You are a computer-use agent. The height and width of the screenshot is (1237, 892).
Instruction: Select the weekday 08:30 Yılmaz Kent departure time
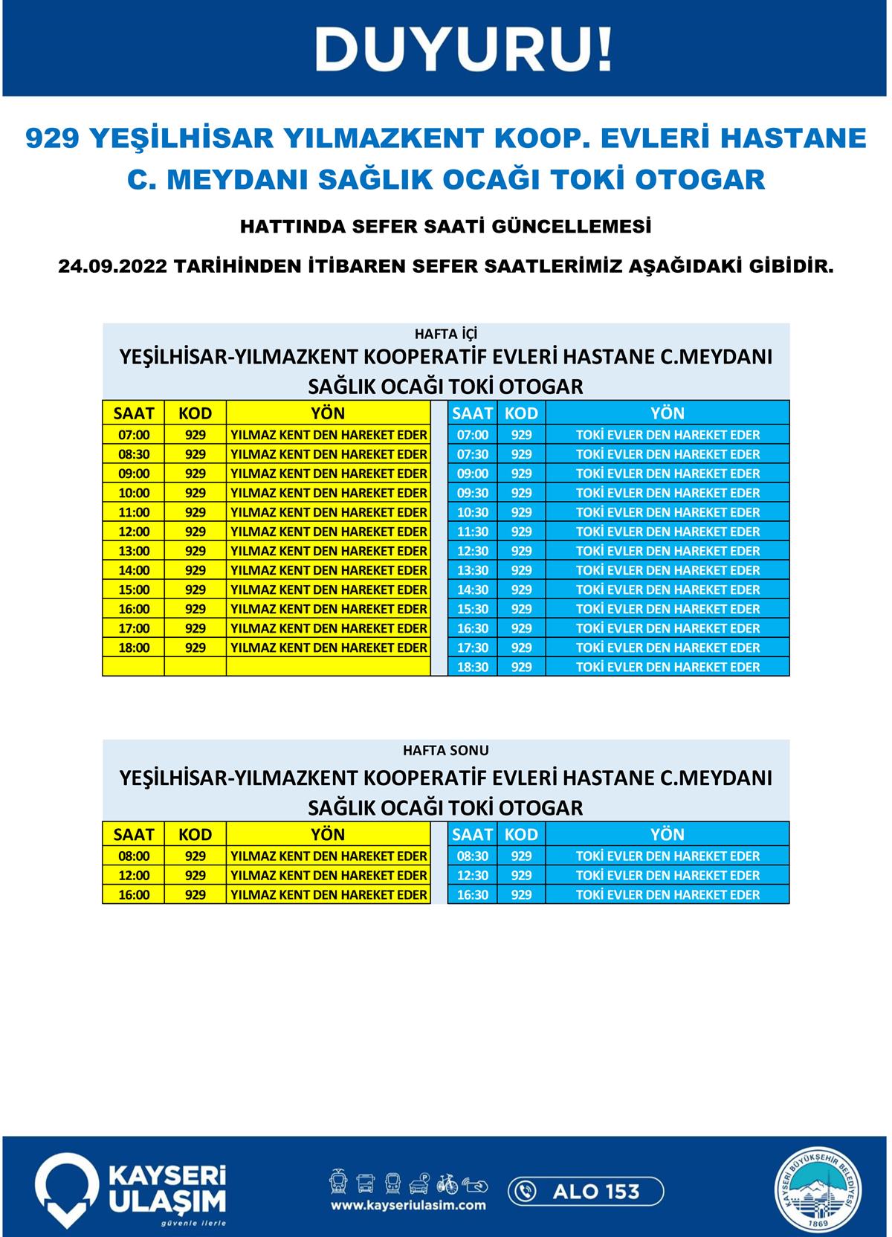click(134, 454)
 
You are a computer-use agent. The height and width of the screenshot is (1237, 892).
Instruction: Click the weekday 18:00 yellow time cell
click(134, 647)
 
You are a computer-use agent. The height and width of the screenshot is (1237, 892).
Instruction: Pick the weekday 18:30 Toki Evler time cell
click(473, 667)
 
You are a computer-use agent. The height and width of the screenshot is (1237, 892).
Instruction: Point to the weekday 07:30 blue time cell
click(473, 454)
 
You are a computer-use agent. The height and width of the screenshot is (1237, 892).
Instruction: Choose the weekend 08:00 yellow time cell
click(134, 856)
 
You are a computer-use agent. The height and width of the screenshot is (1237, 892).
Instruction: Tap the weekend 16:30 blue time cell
click(473, 894)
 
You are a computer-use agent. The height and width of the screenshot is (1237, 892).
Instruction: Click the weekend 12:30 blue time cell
click(473, 875)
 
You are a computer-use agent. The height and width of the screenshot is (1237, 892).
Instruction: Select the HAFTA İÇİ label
click(446, 335)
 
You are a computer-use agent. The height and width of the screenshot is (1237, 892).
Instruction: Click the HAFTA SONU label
click(446, 751)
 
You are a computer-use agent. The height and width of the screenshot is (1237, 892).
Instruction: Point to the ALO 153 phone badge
click(586, 1191)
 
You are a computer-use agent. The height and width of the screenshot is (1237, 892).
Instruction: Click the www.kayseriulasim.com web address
click(408, 1205)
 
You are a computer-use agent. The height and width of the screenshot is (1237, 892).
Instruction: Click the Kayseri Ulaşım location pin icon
click(67, 1189)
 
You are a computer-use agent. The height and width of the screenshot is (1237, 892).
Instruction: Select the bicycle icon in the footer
click(447, 1182)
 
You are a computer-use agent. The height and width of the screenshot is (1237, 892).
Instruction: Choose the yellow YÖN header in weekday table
click(328, 413)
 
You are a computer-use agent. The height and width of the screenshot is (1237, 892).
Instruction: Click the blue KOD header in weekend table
click(521, 834)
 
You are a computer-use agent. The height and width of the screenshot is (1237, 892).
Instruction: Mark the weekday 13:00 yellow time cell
click(134, 551)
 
